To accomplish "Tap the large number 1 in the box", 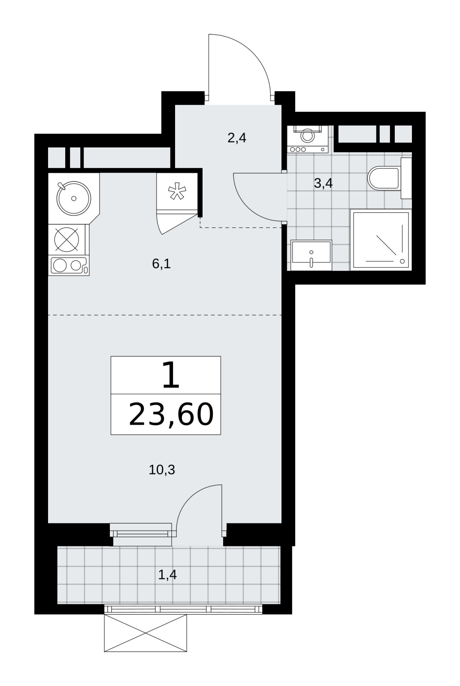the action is pos(171,375).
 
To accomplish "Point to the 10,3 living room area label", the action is pos(162,469).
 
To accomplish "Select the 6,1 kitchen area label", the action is pos(161,264).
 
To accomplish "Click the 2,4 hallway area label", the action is pos(237,138).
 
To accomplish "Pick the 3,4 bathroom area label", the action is pos(323,184).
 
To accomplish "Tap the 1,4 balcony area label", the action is pos(168,575).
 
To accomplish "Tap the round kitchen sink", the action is pos(73,198).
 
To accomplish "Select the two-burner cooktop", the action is pos(69,265).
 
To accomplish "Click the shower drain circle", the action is pos(402,261).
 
